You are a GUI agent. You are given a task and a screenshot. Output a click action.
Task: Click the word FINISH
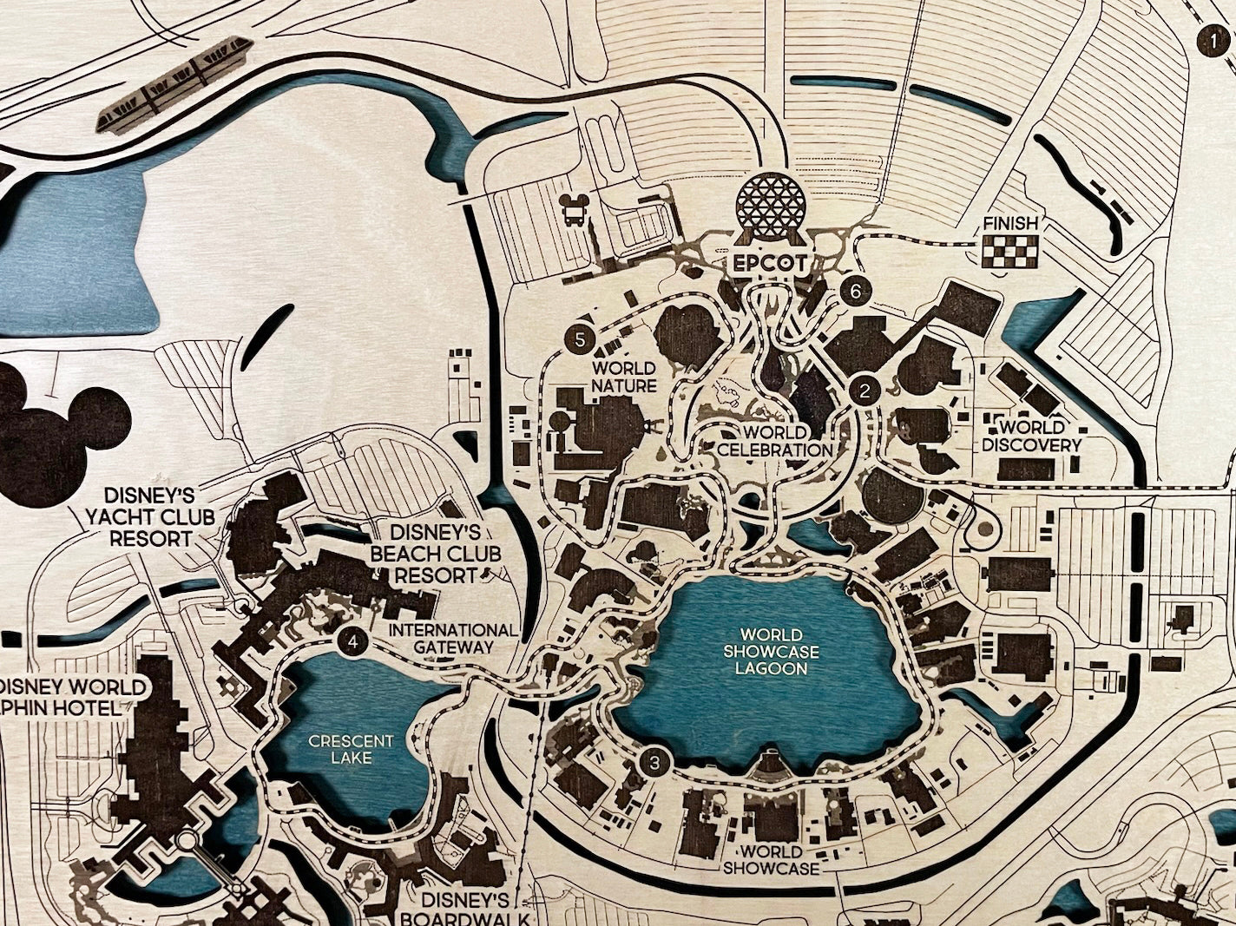click(1009, 224)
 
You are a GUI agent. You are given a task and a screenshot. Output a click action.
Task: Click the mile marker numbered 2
click(864, 391)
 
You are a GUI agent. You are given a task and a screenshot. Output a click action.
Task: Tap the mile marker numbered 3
click(655, 763)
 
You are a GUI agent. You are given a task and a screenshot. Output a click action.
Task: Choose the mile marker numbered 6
click(855, 292)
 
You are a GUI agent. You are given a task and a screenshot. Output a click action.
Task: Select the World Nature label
click(623, 378)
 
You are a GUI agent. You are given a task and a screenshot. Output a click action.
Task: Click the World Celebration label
click(775, 441)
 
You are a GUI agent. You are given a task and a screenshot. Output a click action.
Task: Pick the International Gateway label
click(451, 638)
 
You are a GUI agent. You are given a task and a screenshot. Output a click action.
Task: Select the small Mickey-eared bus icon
click(572, 209)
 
